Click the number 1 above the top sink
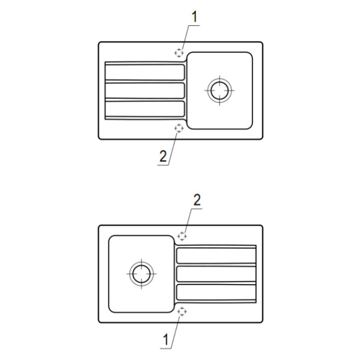click(x=195, y=17)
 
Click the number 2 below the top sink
click(x=163, y=156)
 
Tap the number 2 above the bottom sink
click(x=197, y=200)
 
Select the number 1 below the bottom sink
click(x=165, y=339)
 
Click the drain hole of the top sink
click(x=220, y=90)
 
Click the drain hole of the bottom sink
click(x=142, y=273)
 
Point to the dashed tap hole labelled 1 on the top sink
click(x=178, y=53)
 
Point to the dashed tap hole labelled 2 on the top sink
click(x=178, y=128)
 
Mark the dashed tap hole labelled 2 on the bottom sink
click(x=182, y=236)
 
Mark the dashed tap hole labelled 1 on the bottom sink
click(x=182, y=311)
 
